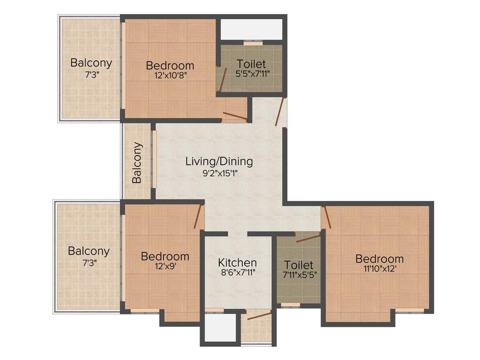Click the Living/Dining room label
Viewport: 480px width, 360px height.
click(x=219, y=162)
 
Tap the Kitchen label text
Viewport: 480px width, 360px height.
click(x=238, y=262)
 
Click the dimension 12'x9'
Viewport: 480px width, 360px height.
click(x=165, y=267)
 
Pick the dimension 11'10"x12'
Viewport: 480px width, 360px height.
click(x=379, y=269)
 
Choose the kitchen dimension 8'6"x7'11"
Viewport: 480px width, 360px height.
click(x=238, y=272)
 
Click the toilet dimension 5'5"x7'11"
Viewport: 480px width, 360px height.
click(x=251, y=74)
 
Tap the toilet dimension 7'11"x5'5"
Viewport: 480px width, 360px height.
click(x=299, y=275)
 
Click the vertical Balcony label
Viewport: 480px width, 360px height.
click(x=137, y=163)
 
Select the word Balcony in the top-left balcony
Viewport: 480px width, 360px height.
click(x=91, y=63)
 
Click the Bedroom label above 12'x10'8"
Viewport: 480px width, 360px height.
click(x=170, y=66)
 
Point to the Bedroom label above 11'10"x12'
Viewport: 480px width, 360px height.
click(x=379, y=259)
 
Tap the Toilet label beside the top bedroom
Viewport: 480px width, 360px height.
click(x=251, y=64)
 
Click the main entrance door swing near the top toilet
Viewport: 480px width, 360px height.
click(x=280, y=112)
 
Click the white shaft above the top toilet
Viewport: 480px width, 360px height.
click(x=252, y=30)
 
